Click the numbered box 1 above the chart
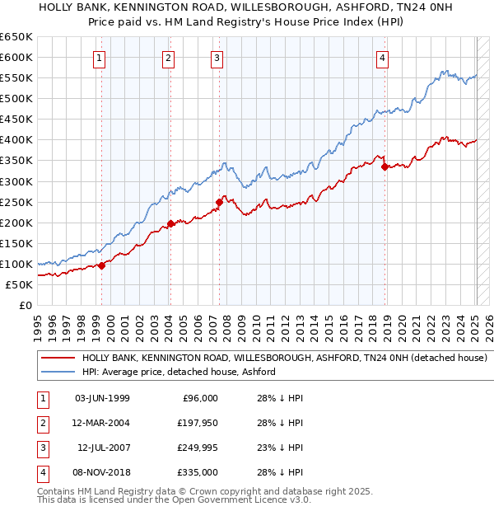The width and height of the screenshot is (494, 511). click(x=99, y=58)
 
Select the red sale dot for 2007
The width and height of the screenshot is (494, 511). click(x=219, y=202)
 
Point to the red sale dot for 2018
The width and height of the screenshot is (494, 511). click(x=384, y=166)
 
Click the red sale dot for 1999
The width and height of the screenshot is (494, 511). click(x=101, y=265)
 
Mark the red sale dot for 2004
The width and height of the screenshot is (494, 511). click(x=170, y=223)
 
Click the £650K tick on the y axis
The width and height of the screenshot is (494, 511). click(x=16, y=37)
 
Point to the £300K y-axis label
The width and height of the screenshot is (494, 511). click(x=16, y=181)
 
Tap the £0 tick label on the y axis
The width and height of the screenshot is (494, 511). click(x=25, y=306)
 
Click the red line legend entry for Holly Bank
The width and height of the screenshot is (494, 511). click(x=284, y=359)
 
